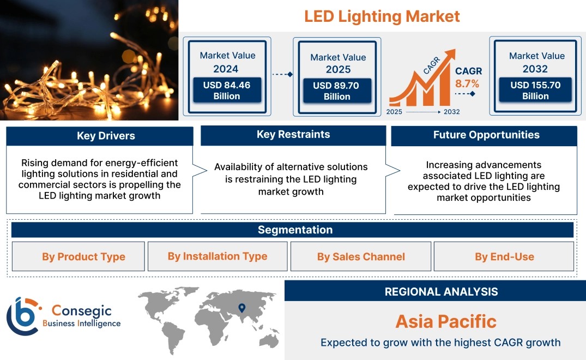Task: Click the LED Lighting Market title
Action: pos(382,16)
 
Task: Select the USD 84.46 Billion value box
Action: pos(227,90)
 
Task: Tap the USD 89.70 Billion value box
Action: pos(337,91)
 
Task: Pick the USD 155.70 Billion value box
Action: pos(535,89)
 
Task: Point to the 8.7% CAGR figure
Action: pos(467,83)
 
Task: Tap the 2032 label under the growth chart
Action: pos(452,112)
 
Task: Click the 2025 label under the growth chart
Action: pos(394,112)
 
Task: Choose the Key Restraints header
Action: pos(293,135)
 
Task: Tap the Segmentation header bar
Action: pos(293,230)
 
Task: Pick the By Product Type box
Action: pos(78,256)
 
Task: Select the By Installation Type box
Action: pos(218,256)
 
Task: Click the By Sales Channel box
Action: pos(361,256)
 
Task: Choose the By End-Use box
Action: pos(504,256)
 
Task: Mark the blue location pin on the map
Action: pos(242,308)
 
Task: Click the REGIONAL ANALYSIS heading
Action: pos(442,292)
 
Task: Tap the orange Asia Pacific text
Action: pos(446,321)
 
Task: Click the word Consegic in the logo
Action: pos(81,311)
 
